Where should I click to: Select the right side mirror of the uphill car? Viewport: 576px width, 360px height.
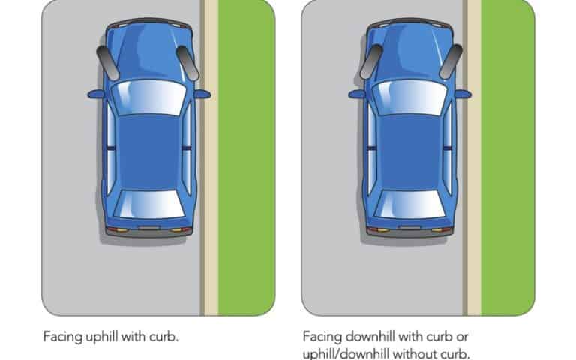coord(203,94)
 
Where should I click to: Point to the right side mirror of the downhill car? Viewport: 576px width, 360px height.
coord(463,94)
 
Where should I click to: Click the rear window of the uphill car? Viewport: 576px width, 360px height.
coord(148,203)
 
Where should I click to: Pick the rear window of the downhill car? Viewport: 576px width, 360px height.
coord(409,203)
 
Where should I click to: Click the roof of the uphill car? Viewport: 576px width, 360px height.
coord(148,150)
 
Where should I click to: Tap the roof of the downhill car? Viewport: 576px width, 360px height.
coord(409,150)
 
